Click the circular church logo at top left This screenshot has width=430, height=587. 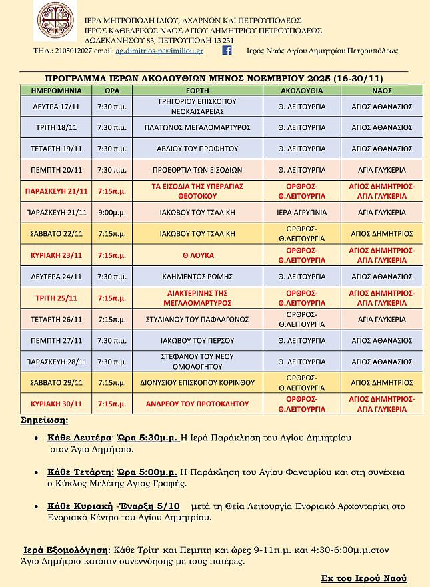coord(55,22)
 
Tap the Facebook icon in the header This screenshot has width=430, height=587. coord(227,50)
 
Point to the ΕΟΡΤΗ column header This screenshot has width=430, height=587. coord(198,91)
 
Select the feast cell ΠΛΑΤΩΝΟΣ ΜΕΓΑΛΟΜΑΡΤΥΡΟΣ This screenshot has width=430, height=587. coord(197,127)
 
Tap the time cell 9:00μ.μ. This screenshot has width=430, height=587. coord(111,213)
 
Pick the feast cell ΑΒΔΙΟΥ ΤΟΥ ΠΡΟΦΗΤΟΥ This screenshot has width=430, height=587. coord(197,149)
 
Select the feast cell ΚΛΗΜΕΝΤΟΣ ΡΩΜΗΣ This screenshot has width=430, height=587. coord(197,276)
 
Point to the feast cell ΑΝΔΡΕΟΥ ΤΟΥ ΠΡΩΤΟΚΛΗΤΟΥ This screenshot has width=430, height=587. coord(197,404)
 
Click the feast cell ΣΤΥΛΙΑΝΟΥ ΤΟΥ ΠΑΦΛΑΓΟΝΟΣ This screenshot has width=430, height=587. coord(197,319)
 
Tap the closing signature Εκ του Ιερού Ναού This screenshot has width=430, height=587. coord(363,578)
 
